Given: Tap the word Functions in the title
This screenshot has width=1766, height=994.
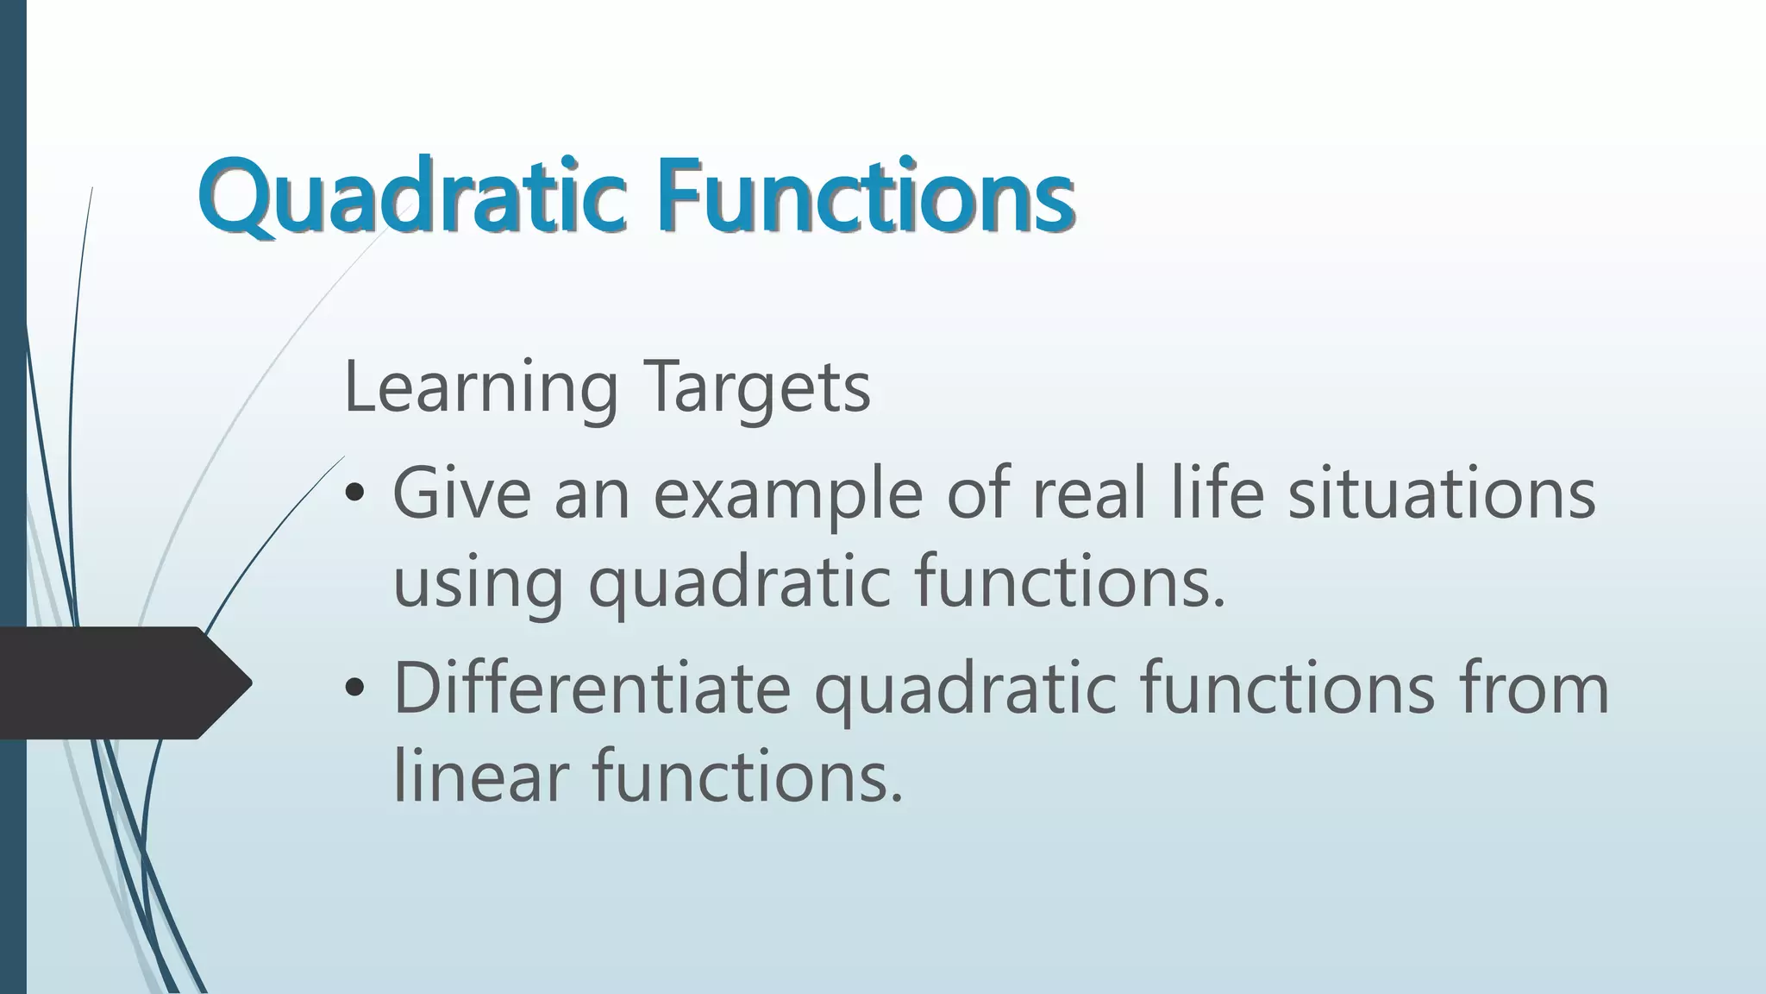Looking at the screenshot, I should [867, 197].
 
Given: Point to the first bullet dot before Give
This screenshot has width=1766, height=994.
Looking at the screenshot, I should [354, 495].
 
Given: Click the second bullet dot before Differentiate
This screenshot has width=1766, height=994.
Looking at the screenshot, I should [354, 689].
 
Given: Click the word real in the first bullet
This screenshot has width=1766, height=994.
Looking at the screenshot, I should [1088, 494].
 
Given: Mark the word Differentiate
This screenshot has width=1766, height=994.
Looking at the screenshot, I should [592, 689].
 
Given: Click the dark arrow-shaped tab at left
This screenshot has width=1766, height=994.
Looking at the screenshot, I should [121, 683].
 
